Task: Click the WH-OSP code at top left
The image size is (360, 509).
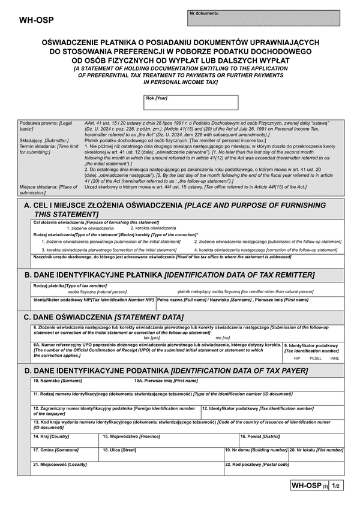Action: point(37,19)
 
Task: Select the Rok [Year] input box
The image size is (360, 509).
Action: point(191,103)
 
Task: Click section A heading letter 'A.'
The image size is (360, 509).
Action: point(28,206)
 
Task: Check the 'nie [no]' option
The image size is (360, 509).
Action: point(222,338)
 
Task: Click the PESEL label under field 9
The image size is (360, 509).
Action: point(316,358)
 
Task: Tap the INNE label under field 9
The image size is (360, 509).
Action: point(335,358)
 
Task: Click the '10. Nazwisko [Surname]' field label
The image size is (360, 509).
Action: point(58,381)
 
